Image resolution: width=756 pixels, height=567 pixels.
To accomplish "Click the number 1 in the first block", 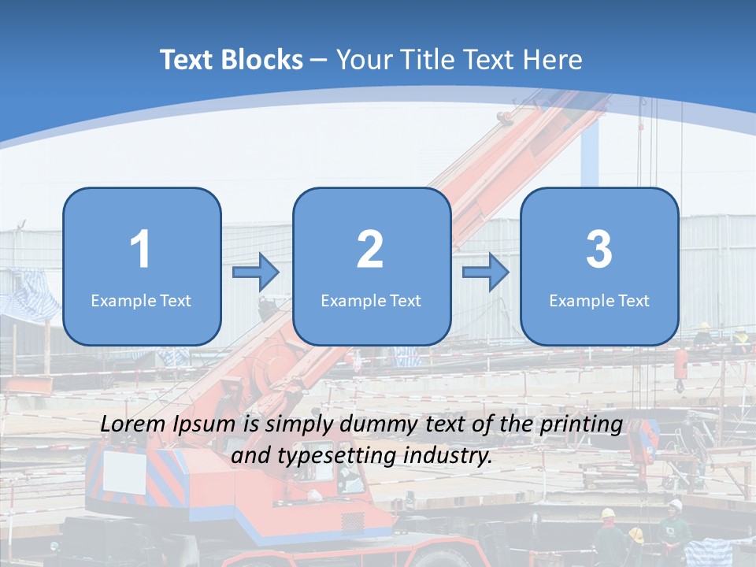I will (x=141, y=250).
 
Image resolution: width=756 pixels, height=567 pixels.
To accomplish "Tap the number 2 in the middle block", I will (x=370, y=250).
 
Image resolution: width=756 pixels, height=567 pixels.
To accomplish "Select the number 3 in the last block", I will (x=599, y=250).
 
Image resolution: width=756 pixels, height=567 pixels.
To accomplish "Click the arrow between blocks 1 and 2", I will (x=256, y=272).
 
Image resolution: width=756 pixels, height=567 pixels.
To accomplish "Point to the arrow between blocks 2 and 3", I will (x=486, y=272).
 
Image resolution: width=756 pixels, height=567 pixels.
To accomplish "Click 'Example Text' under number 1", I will (x=141, y=300).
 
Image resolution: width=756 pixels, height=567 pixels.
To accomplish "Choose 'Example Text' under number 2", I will (x=371, y=300).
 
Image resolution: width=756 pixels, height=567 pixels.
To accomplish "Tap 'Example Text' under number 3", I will (x=599, y=300).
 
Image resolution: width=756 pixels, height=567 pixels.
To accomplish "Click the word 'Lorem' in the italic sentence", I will (x=134, y=424).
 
